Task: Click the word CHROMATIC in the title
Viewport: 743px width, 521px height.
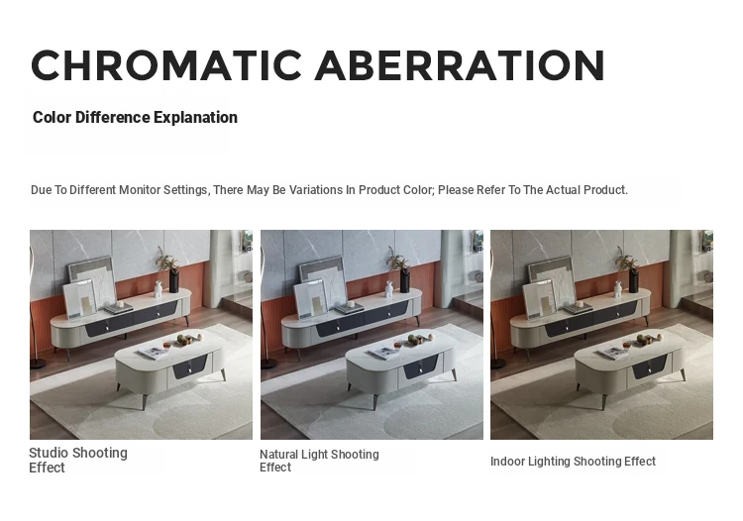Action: click(x=166, y=65)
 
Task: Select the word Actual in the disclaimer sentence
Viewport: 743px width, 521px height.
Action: click(x=563, y=190)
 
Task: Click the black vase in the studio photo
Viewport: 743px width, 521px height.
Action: click(x=174, y=280)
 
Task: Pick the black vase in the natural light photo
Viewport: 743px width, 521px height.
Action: click(x=404, y=280)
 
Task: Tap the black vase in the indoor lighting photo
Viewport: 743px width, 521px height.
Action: click(x=634, y=280)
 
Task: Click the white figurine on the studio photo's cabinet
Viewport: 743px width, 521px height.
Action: click(x=159, y=289)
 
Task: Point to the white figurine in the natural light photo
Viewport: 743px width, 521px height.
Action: click(x=389, y=289)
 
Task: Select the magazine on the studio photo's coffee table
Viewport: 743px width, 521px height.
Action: click(x=153, y=353)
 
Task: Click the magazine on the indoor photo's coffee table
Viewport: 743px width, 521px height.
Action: click(x=612, y=353)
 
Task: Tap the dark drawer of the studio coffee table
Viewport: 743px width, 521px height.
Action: click(x=189, y=366)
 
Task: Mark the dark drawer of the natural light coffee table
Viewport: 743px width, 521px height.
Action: click(x=420, y=366)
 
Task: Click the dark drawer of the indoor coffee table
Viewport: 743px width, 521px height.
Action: click(x=649, y=366)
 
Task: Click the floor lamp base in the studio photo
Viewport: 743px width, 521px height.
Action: click(x=37, y=364)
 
